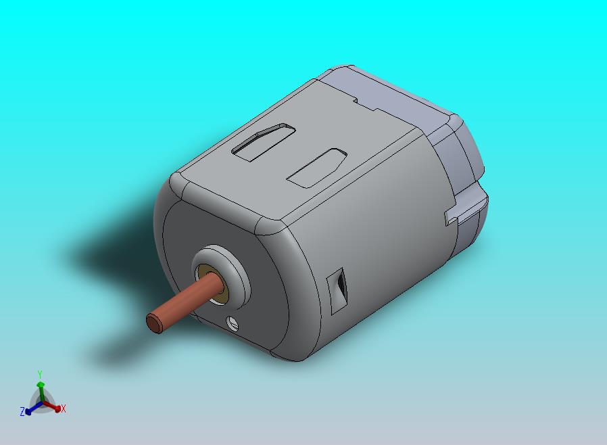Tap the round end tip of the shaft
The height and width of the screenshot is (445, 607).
pos(155,323)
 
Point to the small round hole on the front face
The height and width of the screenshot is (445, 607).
pos(233,322)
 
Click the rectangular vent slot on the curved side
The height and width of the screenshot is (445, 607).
pos(337,291)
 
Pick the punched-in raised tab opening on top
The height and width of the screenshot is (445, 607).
pos(264,142)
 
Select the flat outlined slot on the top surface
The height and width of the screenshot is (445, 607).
pos(316,168)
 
